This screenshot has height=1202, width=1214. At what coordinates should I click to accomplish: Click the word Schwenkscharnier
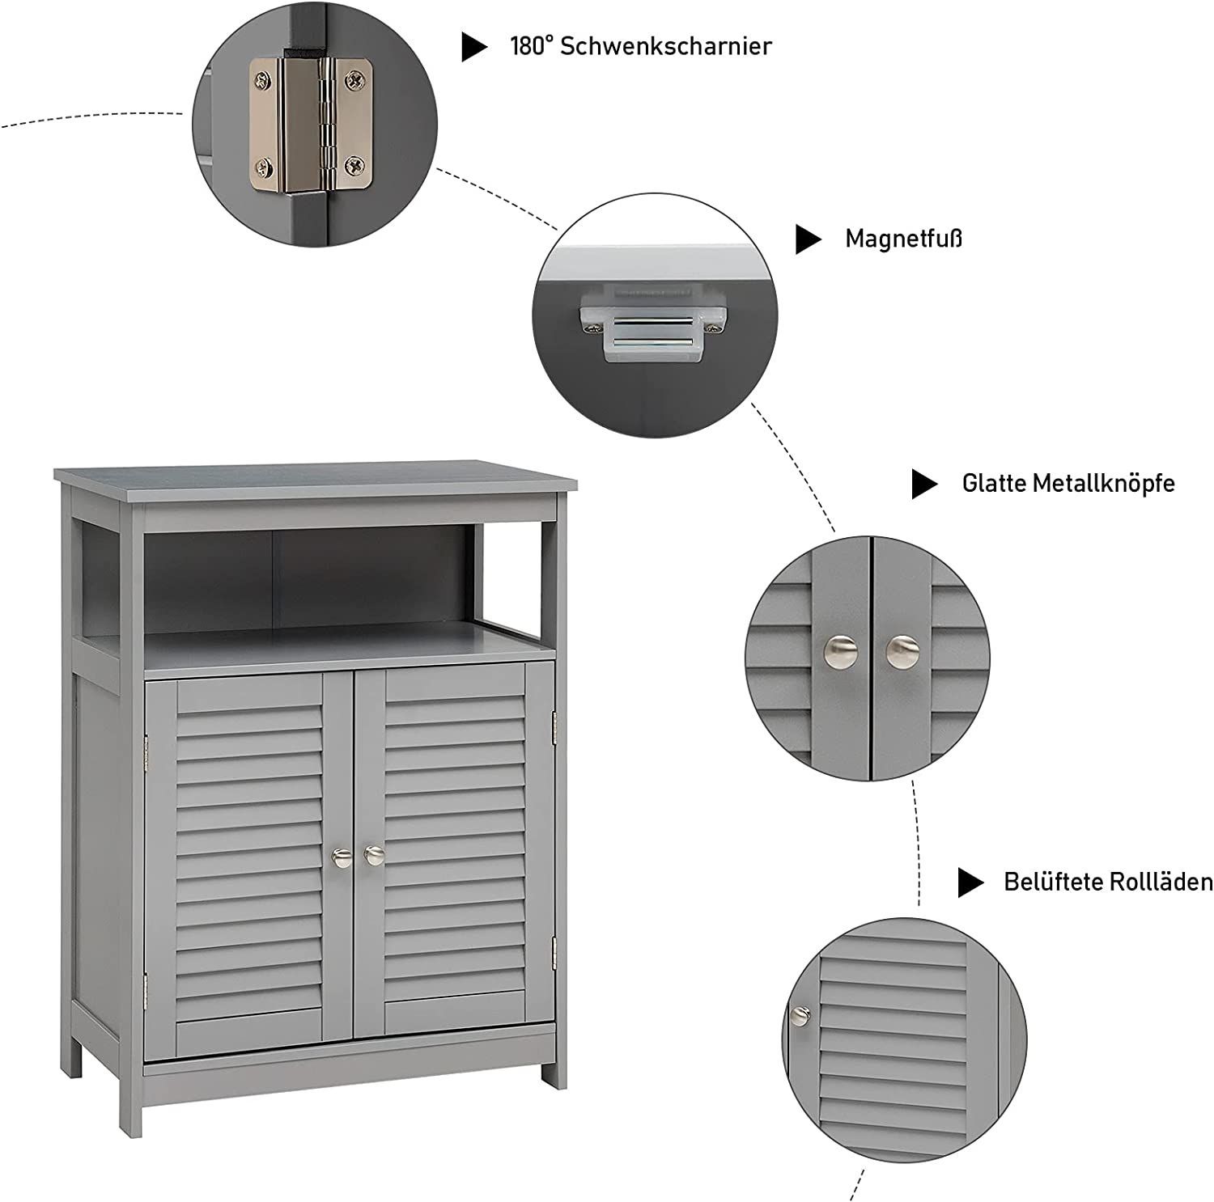coord(665,46)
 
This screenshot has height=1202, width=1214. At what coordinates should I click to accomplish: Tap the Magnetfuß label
coord(903,239)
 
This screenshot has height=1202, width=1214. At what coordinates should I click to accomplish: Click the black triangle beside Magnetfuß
coord(808,239)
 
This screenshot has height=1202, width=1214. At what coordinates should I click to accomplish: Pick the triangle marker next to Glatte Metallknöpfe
coord(924,484)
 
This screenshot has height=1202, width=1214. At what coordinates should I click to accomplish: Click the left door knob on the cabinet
coord(341,855)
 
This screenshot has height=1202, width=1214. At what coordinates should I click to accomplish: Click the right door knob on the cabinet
coord(373,854)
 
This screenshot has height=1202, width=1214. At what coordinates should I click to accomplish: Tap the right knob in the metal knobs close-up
coord(902,651)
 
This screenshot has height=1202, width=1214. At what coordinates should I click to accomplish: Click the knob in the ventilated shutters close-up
coord(800,1014)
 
